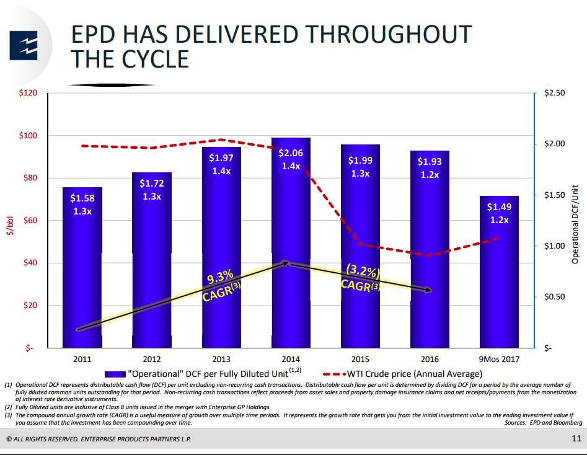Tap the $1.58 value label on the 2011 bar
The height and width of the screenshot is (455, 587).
point(82,198)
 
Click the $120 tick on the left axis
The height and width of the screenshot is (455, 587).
point(30,93)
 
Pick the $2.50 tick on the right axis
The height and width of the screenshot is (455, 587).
point(554,93)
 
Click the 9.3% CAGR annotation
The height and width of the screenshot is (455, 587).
point(221,285)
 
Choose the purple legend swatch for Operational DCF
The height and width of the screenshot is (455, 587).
point(115,374)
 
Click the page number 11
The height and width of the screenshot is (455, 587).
point(576,439)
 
